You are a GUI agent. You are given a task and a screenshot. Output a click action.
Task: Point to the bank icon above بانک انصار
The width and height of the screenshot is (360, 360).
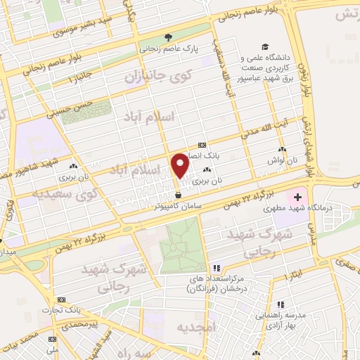point(202,144)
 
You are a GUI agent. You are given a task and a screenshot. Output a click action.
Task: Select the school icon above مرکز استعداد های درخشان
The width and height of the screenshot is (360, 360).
point(217,268)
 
